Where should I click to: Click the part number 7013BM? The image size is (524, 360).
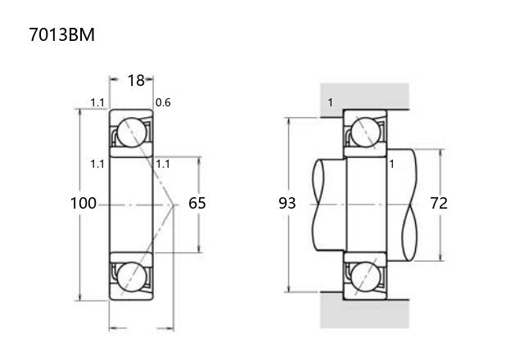(x=62, y=34)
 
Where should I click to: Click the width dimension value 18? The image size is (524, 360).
(x=136, y=80)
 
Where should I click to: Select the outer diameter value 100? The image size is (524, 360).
(x=84, y=203)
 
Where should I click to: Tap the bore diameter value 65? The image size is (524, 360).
(x=197, y=203)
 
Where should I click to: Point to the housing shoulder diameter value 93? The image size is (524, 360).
(x=287, y=203)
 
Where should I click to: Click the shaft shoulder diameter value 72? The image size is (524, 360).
(x=439, y=203)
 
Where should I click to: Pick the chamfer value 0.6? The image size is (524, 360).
(x=163, y=102)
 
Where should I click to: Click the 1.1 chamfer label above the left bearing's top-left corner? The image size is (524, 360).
(x=97, y=102)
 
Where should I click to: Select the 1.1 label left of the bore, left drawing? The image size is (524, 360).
(x=97, y=164)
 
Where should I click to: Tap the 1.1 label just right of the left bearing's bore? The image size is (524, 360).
(x=163, y=164)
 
